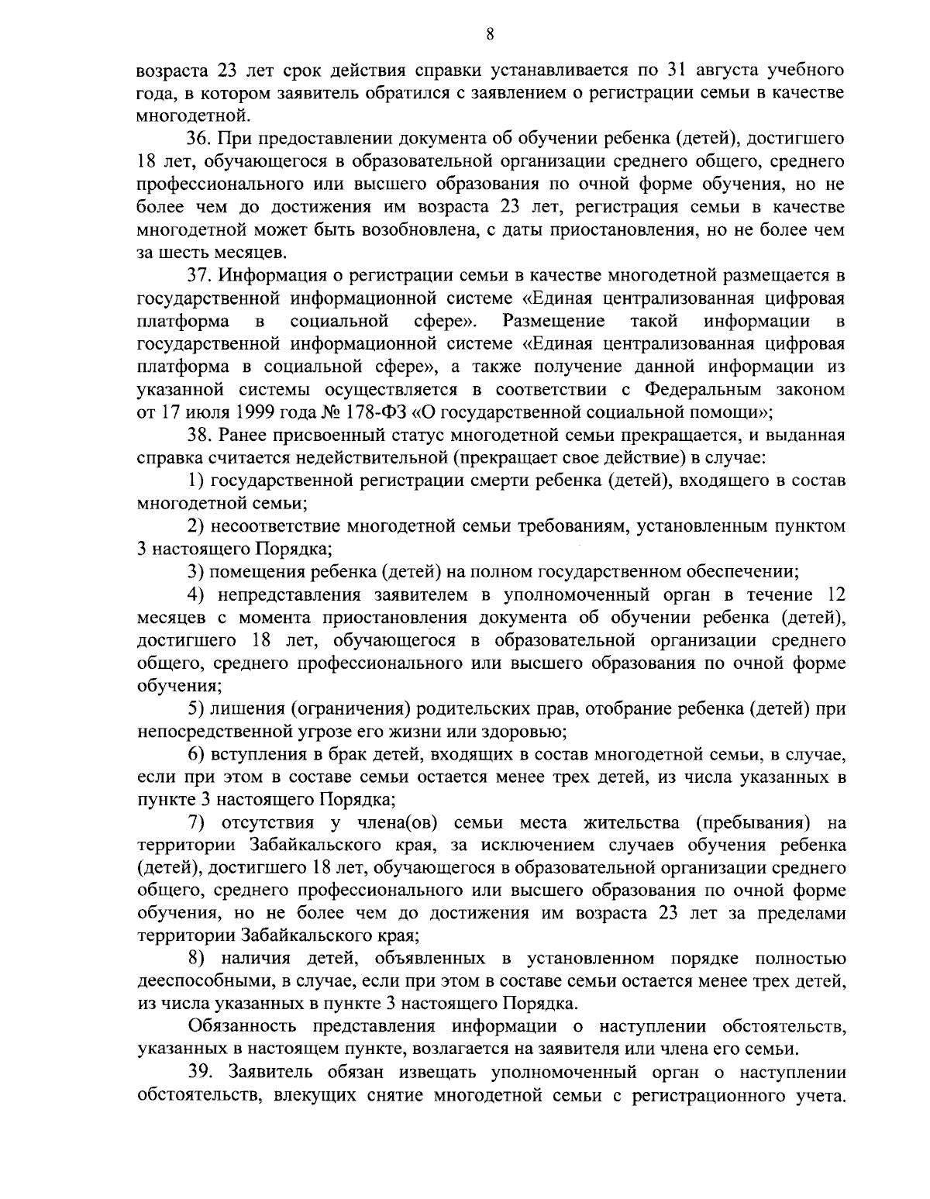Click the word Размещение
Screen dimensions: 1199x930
tap(553, 321)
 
